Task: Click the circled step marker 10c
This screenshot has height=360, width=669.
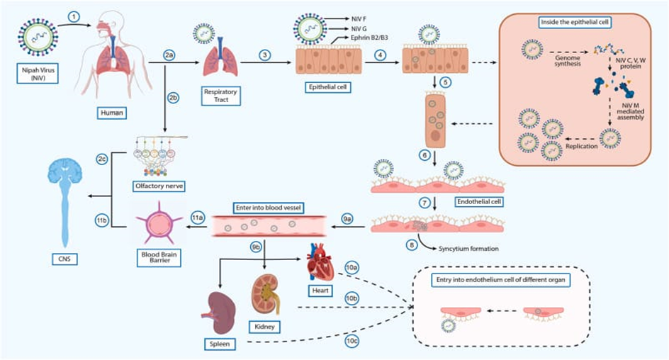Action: click(352, 341)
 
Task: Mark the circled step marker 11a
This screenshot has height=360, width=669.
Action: click(198, 221)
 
